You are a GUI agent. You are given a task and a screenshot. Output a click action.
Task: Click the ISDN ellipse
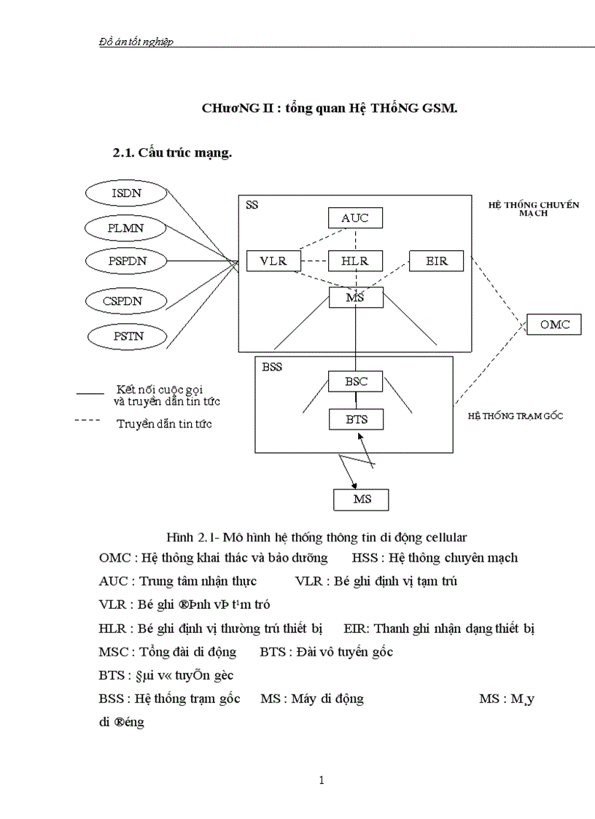(128, 193)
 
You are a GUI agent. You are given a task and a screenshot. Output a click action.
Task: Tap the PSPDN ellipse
(128, 260)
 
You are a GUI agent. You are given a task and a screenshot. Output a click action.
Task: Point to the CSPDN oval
(128, 300)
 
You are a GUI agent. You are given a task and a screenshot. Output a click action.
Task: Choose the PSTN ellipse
(128, 336)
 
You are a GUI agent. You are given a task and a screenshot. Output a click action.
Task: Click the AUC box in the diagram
(355, 217)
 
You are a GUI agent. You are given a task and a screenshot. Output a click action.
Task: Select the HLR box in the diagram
(355, 260)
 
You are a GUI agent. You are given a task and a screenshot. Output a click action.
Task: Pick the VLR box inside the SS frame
(273, 260)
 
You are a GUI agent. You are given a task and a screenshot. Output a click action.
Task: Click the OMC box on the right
(554, 324)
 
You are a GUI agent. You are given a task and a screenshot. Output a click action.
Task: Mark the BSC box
(355, 381)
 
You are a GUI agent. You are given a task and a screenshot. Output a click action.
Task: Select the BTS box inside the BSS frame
(355, 419)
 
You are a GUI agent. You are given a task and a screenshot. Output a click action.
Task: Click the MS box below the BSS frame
(362, 500)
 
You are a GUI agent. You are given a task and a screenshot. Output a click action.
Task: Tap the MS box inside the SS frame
(355, 297)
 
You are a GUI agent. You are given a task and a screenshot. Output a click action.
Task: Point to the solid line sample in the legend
(90, 393)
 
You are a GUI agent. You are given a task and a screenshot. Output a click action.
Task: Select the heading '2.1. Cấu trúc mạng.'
(171, 152)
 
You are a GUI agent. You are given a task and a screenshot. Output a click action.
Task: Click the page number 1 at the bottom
(321, 780)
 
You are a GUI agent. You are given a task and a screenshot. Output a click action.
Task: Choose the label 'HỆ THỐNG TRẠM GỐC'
(515, 416)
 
